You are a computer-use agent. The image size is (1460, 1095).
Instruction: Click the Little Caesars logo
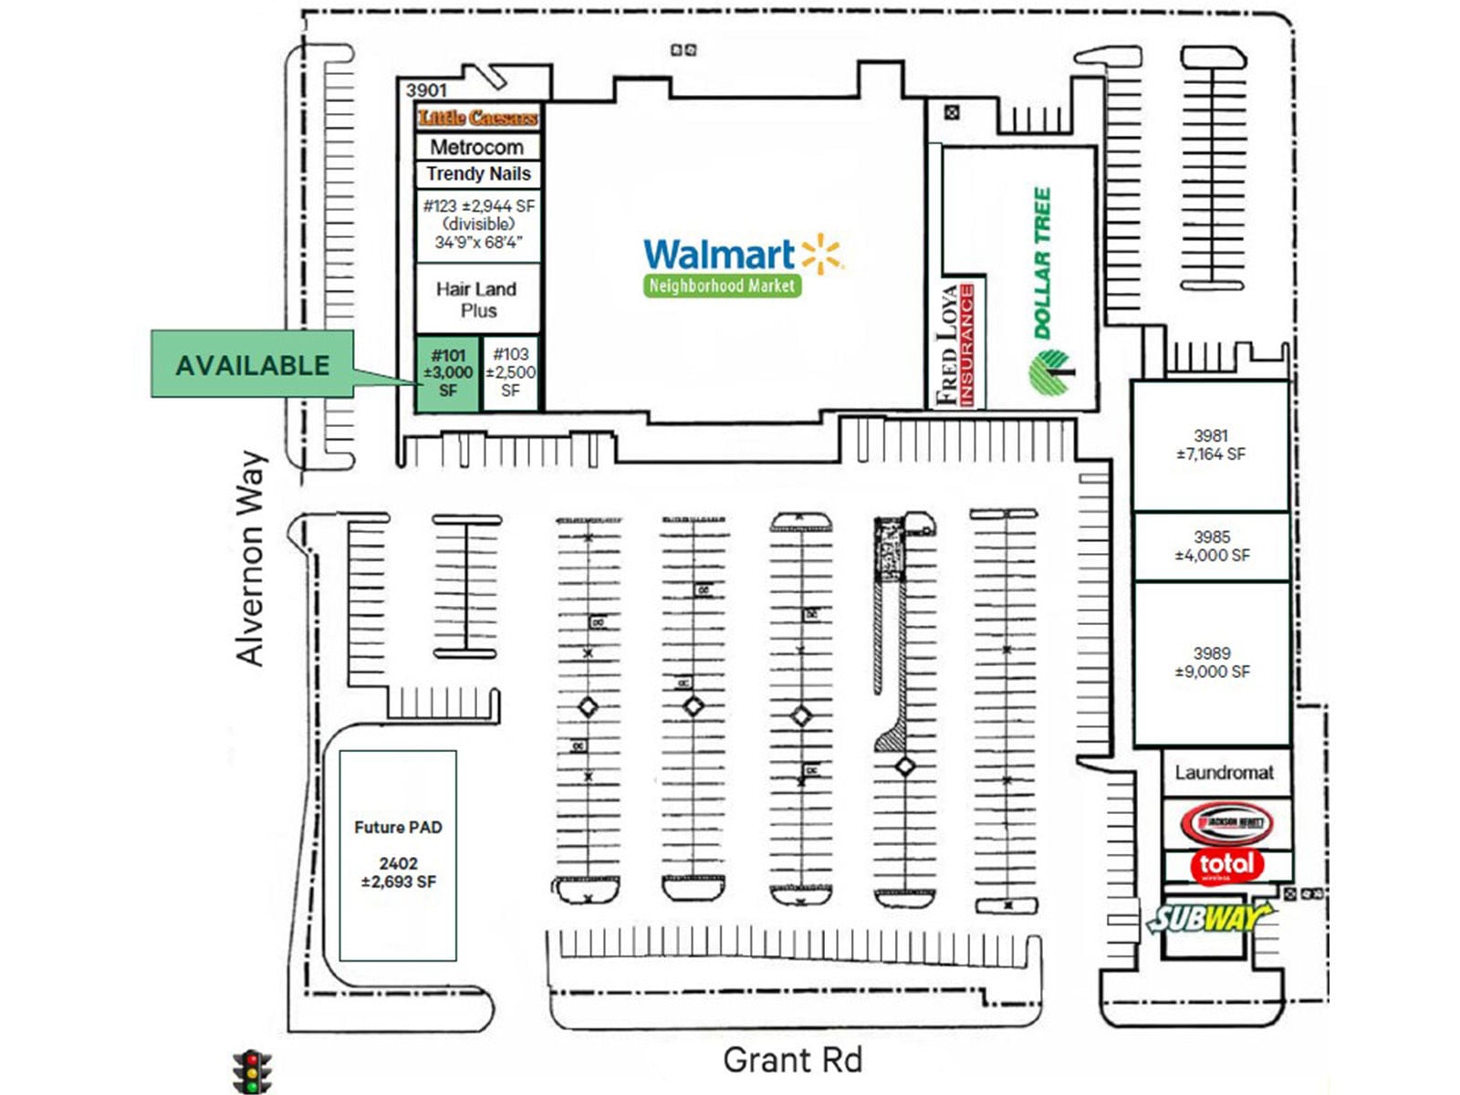pos(477,118)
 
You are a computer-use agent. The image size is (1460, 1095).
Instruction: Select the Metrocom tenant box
pos(477,147)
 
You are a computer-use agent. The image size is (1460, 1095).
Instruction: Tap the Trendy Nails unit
pos(477,173)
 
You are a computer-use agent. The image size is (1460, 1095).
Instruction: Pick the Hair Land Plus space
pos(477,299)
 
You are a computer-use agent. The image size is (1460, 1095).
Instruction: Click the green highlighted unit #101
pos(447,373)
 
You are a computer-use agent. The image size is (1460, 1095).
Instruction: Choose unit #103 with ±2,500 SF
pos(510,372)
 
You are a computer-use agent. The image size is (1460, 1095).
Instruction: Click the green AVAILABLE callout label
pos(252,365)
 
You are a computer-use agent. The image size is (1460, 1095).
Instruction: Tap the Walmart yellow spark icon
pos(820,253)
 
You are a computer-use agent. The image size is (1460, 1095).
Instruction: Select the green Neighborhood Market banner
pos(721,286)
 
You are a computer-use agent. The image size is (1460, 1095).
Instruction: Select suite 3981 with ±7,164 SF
pos(1210,445)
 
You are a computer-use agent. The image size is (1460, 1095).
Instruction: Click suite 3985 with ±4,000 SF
pos(1211,546)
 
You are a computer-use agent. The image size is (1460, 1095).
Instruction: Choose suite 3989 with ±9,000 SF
pos(1211,662)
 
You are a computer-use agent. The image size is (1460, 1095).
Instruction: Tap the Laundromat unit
pos(1224,773)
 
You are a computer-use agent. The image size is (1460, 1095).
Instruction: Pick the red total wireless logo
pos(1225,864)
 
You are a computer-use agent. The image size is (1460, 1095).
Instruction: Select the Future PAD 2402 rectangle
pos(398,855)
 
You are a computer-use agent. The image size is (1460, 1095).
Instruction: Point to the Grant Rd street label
pos(792,1060)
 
